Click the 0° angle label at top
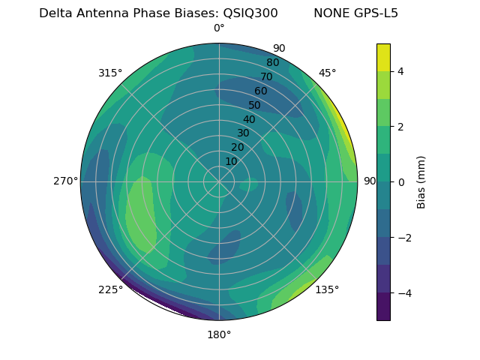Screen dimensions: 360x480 coord(219,28)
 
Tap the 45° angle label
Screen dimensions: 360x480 coord(327,73)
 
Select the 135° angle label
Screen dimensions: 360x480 coord(327,289)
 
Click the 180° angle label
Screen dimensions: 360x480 coord(219,334)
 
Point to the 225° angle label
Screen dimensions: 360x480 coord(110,289)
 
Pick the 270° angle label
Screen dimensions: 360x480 coord(65,181)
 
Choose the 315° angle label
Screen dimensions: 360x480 coord(110,73)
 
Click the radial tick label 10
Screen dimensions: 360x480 coord(231,161)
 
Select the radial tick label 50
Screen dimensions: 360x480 coord(254,106)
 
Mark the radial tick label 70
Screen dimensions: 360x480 coord(266,76)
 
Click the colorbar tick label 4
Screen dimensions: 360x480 coord(401,71)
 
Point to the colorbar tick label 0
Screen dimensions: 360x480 coord(401,182)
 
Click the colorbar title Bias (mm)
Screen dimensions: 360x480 coord(421,182)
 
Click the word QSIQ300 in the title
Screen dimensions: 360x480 coord(250,13)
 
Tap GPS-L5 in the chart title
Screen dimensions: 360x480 coord(374,13)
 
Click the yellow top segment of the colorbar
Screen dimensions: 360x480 coord(384,57)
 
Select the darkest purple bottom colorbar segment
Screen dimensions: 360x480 coord(384,307)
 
